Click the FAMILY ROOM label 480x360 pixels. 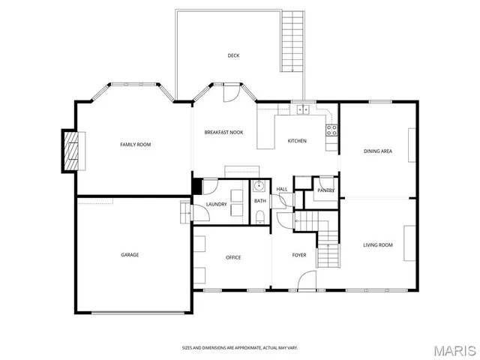136,144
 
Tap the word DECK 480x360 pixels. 234,55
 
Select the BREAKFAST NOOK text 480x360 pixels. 223,132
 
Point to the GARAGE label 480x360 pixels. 130,254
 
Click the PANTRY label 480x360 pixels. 325,190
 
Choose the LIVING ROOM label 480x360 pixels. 378,244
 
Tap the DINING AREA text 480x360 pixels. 378,151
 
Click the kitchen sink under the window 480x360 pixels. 303,109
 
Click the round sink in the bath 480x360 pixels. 259,187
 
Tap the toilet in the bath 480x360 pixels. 259,217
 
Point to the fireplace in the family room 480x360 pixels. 70,151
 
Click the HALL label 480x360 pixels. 282,189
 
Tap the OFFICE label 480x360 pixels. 233,257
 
